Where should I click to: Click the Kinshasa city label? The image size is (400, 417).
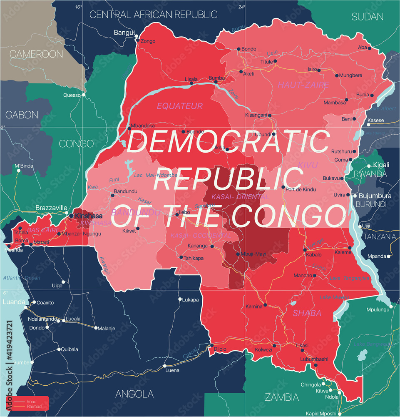pyautogui.click(x=88, y=216)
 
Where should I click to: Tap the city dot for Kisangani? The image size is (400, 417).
pyautogui.click(x=270, y=116)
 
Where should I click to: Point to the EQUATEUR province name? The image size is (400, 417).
pyautogui.click(x=179, y=106)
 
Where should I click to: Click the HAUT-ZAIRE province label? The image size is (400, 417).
pyautogui.click(x=303, y=85)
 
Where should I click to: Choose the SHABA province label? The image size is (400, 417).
pyautogui.click(x=307, y=313)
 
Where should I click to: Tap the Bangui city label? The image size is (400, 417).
pyautogui.click(x=124, y=33)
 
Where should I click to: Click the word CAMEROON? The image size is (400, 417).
pyautogui.click(x=36, y=54)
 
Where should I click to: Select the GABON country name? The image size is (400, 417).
pyautogui.click(x=22, y=115)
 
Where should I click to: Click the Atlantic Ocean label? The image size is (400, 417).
pyautogui.click(x=21, y=278)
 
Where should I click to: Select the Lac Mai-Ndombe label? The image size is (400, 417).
pyautogui.click(x=156, y=175)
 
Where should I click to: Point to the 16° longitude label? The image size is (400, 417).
pyautogui.click(x=79, y=7)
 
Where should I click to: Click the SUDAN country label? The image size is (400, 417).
pyautogui.click(x=367, y=17)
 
